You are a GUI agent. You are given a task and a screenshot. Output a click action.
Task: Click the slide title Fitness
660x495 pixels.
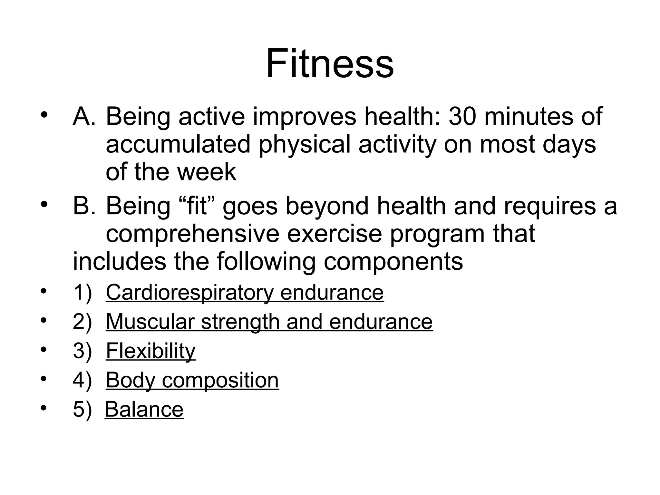[330, 63]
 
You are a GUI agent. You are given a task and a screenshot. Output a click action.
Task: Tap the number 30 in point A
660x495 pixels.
[462, 116]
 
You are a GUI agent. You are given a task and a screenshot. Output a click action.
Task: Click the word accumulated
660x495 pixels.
[178, 144]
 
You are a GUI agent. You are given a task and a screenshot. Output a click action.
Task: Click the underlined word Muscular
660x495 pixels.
[150, 322]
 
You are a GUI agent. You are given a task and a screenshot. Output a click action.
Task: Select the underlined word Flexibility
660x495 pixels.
[150, 351]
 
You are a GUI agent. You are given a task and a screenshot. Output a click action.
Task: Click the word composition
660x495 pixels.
[220, 381]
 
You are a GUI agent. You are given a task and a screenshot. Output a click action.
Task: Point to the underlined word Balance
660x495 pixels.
[144, 409]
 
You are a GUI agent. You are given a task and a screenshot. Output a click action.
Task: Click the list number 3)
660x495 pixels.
[82, 351]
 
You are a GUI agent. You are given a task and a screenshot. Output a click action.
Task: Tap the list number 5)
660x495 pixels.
[82, 410]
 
